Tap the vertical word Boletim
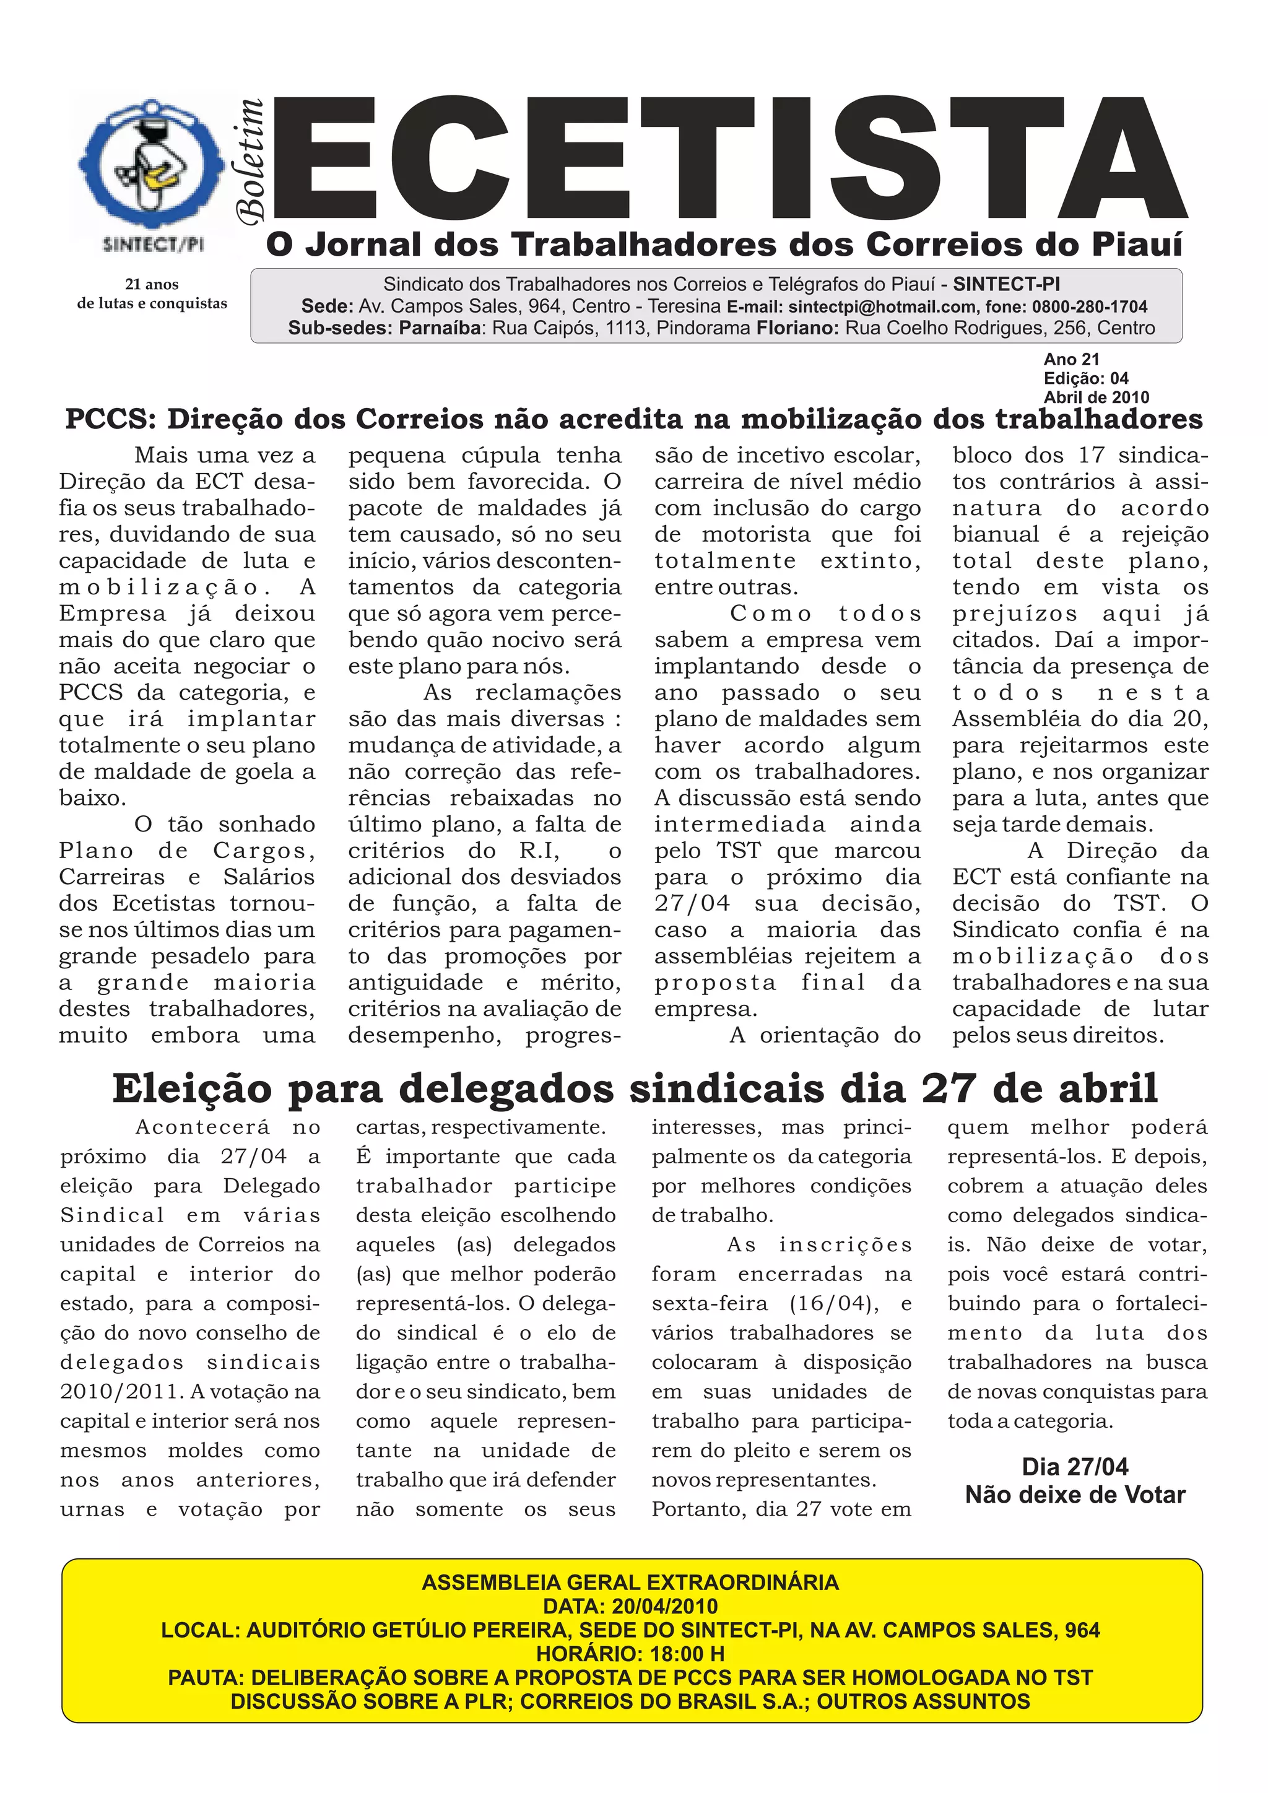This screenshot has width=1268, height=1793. [x=251, y=161]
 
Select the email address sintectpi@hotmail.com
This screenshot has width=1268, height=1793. [x=882, y=307]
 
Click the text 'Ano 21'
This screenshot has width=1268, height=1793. [x=1071, y=359]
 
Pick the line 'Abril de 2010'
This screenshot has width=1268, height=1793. [x=1096, y=397]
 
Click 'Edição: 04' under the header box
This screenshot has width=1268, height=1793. [x=1086, y=378]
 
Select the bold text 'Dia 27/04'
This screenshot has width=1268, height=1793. [x=1075, y=1467]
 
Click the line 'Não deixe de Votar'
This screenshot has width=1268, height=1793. [x=1075, y=1495]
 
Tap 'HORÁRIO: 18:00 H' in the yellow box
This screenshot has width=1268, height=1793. [x=630, y=1653]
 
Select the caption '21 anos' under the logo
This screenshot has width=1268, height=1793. [x=152, y=284]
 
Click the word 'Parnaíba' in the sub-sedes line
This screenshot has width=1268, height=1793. [x=442, y=328]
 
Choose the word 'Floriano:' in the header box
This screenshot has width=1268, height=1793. [x=798, y=328]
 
